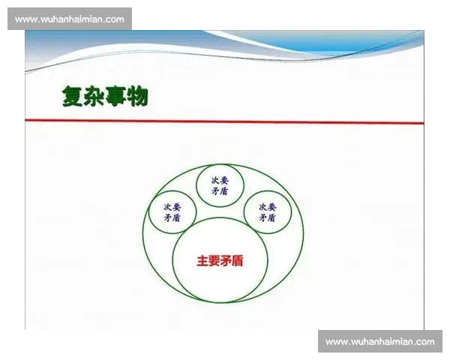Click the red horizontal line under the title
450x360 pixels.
click(x=225, y=121)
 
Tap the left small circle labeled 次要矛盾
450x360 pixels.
click(x=172, y=211)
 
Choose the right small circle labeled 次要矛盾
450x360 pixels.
click(x=267, y=211)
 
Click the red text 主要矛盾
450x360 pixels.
click(x=220, y=262)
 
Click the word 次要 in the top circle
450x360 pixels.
click(x=220, y=180)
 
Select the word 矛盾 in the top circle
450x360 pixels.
click(x=220, y=192)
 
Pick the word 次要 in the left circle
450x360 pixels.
click(x=172, y=206)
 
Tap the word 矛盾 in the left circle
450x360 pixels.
click(x=172, y=218)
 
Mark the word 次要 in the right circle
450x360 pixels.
click(x=267, y=206)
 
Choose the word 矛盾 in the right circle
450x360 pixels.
click(x=267, y=218)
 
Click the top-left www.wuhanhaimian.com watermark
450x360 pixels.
click(x=70, y=19)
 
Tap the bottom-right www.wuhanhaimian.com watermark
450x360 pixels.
click(x=380, y=341)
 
